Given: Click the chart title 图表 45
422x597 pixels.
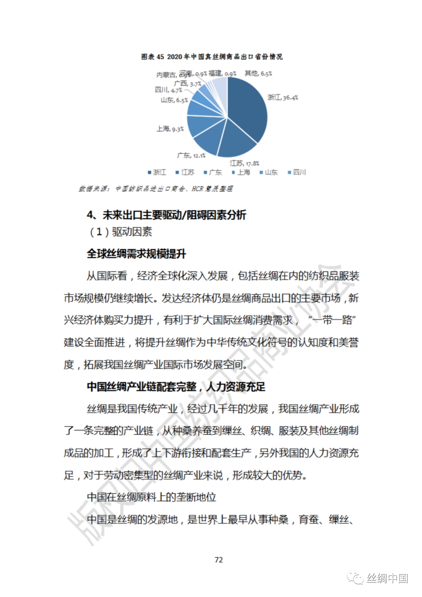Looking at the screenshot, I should pyautogui.click(x=212, y=57).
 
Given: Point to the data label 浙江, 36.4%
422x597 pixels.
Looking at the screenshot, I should pyautogui.click(x=283, y=97).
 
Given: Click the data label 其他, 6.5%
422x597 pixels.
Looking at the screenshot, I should pyautogui.click(x=258, y=73).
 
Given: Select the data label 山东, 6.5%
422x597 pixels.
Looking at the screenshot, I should pyautogui.click(x=174, y=100).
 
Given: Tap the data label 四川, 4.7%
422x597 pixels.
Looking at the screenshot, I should pyautogui.click(x=168, y=90).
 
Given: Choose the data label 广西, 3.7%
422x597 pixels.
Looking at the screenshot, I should pyautogui.click(x=188, y=84).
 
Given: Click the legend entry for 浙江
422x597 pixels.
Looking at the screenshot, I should pyautogui.click(x=157, y=172).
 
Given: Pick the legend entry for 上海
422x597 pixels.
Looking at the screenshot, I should pyautogui.click(x=241, y=172).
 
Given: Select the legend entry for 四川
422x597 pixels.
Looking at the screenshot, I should pyautogui.click(x=297, y=172).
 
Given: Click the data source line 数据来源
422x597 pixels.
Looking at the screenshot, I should pyautogui.click(x=156, y=189).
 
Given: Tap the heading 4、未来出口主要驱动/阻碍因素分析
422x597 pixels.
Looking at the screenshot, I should pyautogui.click(x=166, y=215).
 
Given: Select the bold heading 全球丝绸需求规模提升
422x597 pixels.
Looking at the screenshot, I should pyautogui.click(x=136, y=254).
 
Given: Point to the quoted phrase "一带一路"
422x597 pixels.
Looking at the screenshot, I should pyautogui.click(x=331, y=320).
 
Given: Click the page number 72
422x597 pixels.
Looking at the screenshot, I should pyautogui.click(x=219, y=560).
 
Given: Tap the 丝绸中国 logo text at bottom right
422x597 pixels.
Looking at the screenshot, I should pyautogui.click(x=387, y=578).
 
